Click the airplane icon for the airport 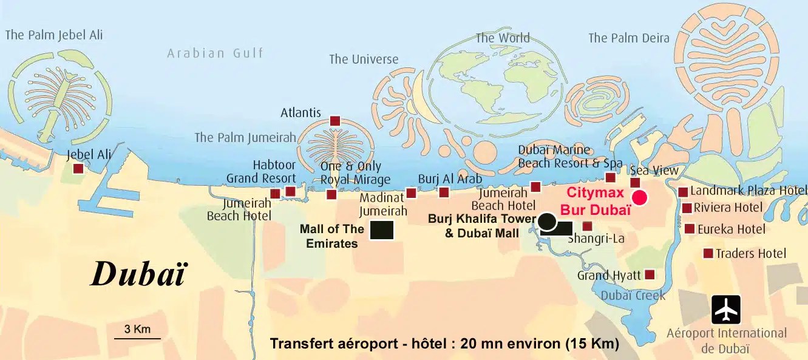tap(726, 310)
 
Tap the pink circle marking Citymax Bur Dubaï tap(639, 197)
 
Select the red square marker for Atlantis tap(334, 121)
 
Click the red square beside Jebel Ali tap(78, 168)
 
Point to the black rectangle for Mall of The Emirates tap(382, 230)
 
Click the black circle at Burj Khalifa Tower tap(547, 222)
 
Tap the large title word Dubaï tap(138, 274)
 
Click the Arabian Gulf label tap(216, 53)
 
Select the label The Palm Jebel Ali tap(54, 35)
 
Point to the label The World tap(502, 38)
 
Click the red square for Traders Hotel tap(708, 253)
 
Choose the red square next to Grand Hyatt tap(650, 274)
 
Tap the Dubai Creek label tap(634, 296)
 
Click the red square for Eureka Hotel tap(690, 229)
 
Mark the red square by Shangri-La tap(587, 226)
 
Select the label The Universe tap(364, 59)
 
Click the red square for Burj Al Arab tap(444, 192)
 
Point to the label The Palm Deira tap(628, 38)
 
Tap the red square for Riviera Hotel tap(687, 208)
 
